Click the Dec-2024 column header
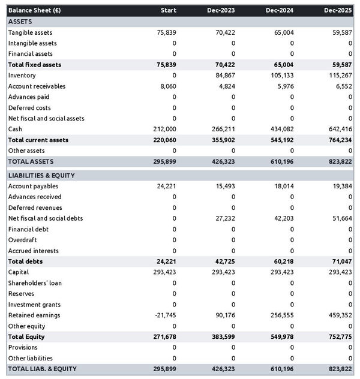pyautogui.click(x=280, y=10)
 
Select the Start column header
pyautogui.click(x=169, y=10)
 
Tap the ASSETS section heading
pyautogui.click(x=20, y=22)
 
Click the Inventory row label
pyautogui.click(x=22, y=76)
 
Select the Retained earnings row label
pyautogui.click(x=34, y=315)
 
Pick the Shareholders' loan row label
pyautogui.click(x=35, y=282)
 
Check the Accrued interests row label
pyautogui.click(x=33, y=251)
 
